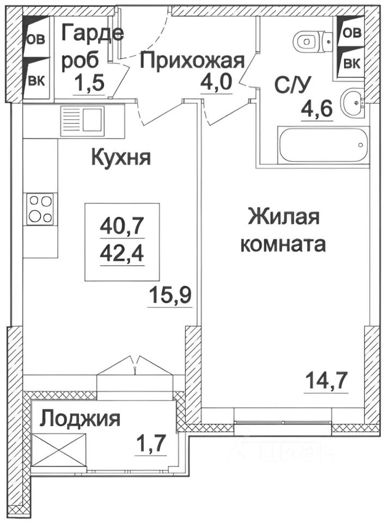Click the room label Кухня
[121, 159]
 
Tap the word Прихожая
[192, 60]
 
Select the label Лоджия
[81, 419]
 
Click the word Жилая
[283, 218]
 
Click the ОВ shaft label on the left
[37, 39]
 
